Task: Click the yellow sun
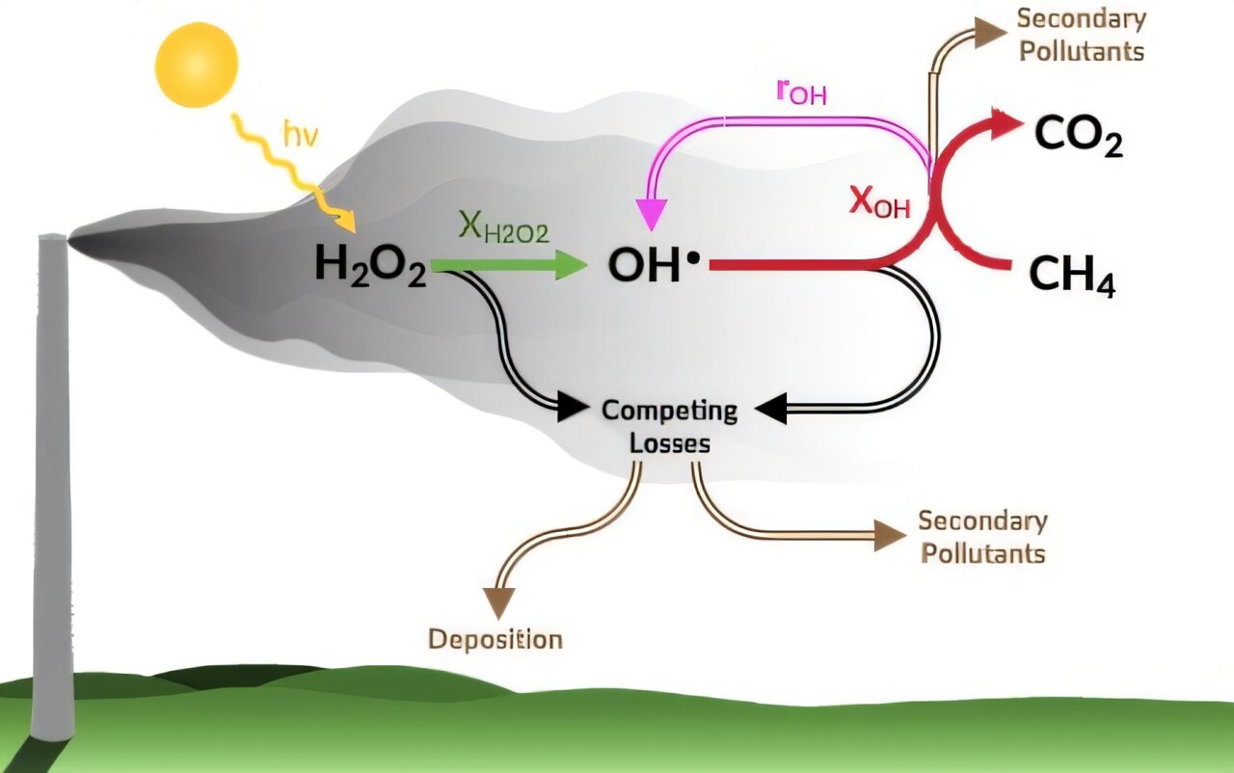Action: pos(196,65)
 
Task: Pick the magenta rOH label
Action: pos(800,93)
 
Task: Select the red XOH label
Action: pos(879,201)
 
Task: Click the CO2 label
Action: pos(1078,136)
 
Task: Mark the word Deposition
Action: pos(496,639)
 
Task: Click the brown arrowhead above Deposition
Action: pos(500,601)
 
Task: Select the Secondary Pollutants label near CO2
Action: pos(1081,34)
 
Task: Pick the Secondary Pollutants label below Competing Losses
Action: pos(981,537)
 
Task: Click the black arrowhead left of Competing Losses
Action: pos(575,408)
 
